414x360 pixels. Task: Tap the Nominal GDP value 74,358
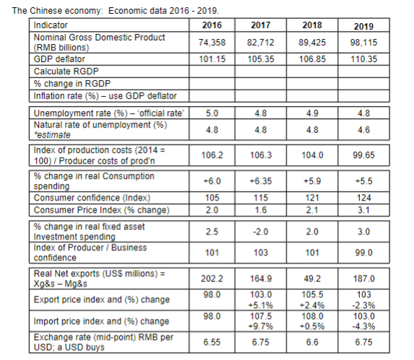tap(212, 43)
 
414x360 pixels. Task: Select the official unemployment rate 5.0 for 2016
tap(212, 113)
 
